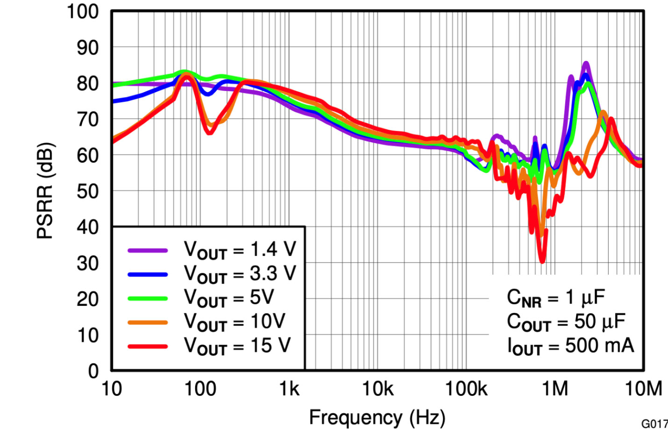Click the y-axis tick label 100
(x=83, y=12)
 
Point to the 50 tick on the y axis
(x=87, y=192)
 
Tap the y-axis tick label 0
(x=93, y=371)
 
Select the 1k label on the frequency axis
(x=289, y=389)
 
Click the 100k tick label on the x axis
(x=466, y=389)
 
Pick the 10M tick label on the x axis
(x=643, y=389)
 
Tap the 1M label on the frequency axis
(x=554, y=389)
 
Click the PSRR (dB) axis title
(x=45, y=191)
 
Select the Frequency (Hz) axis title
(x=377, y=417)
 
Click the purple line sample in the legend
(x=148, y=250)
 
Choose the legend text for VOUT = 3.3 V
(x=240, y=274)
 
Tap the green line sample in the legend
(x=148, y=298)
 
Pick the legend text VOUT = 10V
(x=235, y=322)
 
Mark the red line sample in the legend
(x=148, y=346)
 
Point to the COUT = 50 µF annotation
(x=566, y=322)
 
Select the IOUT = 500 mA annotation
(x=571, y=346)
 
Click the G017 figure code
(x=654, y=424)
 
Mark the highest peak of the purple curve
(x=586, y=63)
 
